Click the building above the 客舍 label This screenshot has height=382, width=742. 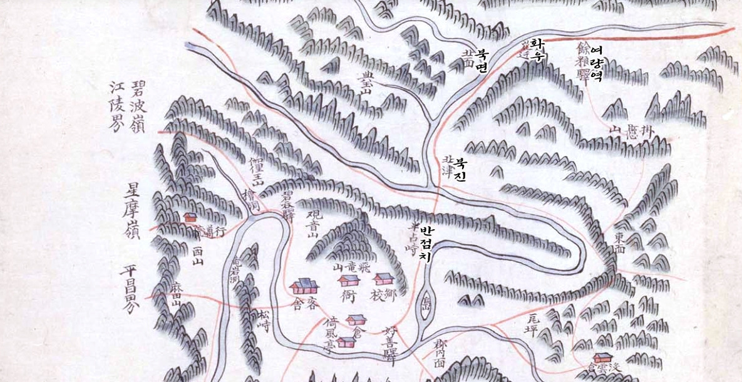coord(304,287)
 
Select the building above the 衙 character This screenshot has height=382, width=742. coord(349,280)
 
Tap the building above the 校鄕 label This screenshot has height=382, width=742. coord(383,278)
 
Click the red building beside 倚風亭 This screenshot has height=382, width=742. coord(346,342)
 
